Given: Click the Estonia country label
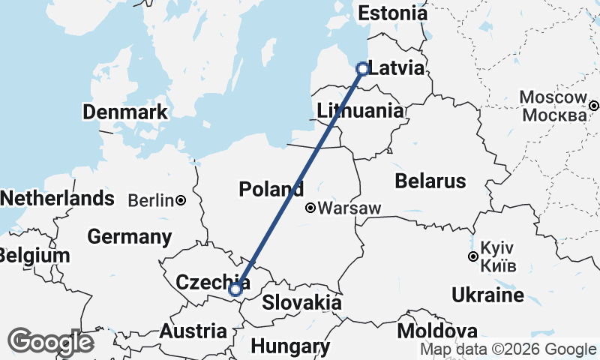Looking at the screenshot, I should [x=392, y=13].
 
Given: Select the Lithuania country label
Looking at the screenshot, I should [x=360, y=111].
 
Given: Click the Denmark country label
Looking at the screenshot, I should [x=125, y=112].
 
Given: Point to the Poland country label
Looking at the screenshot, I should [x=271, y=189].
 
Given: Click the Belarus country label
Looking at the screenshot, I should [x=430, y=181].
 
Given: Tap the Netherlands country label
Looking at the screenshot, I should [x=58, y=199].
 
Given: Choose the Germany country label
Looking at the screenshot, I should [x=130, y=237].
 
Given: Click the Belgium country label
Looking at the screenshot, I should [x=34, y=255].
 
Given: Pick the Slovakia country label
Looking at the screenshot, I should [x=301, y=303].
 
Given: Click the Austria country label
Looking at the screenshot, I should [x=193, y=331].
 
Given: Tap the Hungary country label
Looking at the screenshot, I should [x=290, y=346].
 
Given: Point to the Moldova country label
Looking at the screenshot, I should [x=437, y=331].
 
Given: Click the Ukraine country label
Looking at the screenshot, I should [x=487, y=295].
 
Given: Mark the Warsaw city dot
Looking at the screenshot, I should [x=310, y=208].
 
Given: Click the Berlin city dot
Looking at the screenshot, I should [x=181, y=200].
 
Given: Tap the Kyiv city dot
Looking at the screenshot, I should [x=472, y=257].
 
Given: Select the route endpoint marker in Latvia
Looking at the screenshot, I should [x=362, y=69].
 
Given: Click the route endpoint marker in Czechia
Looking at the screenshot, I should [x=235, y=289].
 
